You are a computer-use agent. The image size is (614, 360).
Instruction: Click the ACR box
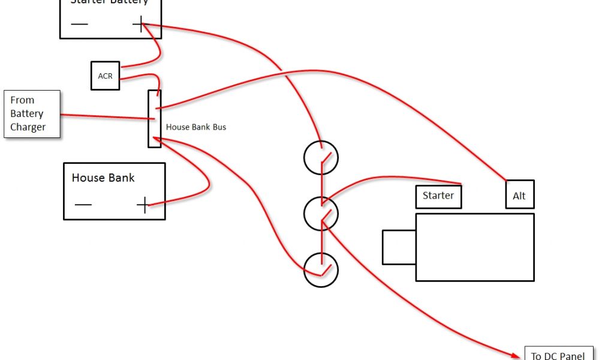(x=105, y=76)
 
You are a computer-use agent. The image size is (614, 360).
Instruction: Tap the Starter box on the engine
(x=438, y=196)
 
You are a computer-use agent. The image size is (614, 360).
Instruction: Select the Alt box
(x=519, y=194)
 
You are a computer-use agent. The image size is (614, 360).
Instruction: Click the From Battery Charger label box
(x=32, y=114)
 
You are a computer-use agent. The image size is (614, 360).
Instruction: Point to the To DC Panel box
(x=559, y=354)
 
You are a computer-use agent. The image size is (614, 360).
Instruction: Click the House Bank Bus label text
(x=196, y=127)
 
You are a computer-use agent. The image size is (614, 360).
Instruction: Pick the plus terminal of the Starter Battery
(x=140, y=24)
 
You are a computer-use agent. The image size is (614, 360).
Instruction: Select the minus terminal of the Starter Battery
(x=79, y=24)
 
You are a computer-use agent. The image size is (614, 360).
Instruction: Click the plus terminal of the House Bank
(x=143, y=205)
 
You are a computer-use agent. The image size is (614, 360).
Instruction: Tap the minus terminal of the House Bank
(x=83, y=205)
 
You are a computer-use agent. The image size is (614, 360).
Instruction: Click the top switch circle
(x=321, y=158)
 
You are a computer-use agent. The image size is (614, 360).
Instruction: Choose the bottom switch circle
(x=321, y=270)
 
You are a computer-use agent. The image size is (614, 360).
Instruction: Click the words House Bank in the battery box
(x=103, y=178)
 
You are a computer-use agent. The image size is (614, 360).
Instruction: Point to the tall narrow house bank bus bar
(x=154, y=119)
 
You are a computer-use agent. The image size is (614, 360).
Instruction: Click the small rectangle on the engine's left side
(x=399, y=247)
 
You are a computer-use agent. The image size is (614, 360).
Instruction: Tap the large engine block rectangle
(x=474, y=247)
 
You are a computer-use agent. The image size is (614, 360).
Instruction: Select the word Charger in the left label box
(x=28, y=127)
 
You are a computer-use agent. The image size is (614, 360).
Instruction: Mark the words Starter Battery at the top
(x=109, y=2)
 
